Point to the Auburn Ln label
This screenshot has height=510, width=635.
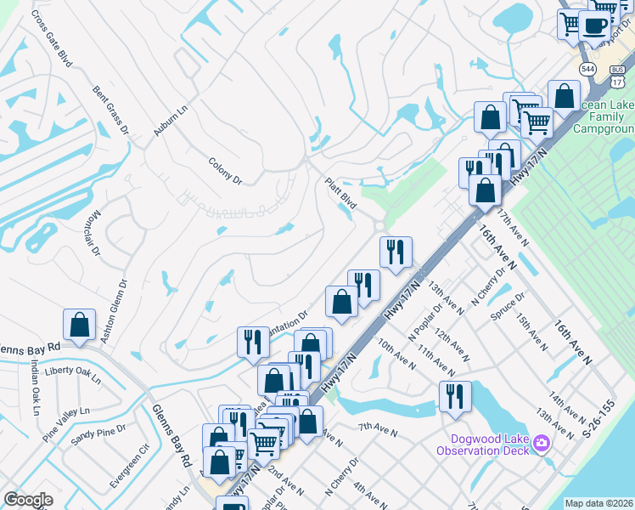click(x=169, y=122)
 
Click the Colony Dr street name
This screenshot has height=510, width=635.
click(x=225, y=170)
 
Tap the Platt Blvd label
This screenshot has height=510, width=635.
click(x=340, y=194)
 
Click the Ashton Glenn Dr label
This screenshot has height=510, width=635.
click(x=114, y=313)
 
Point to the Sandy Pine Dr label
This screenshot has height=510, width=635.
click(x=97, y=436)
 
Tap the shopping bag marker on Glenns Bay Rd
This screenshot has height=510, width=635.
click(x=79, y=325)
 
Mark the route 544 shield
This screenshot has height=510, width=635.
click(x=587, y=67)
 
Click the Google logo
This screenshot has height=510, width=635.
click(x=28, y=499)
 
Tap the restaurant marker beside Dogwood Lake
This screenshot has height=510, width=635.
click(x=455, y=396)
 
